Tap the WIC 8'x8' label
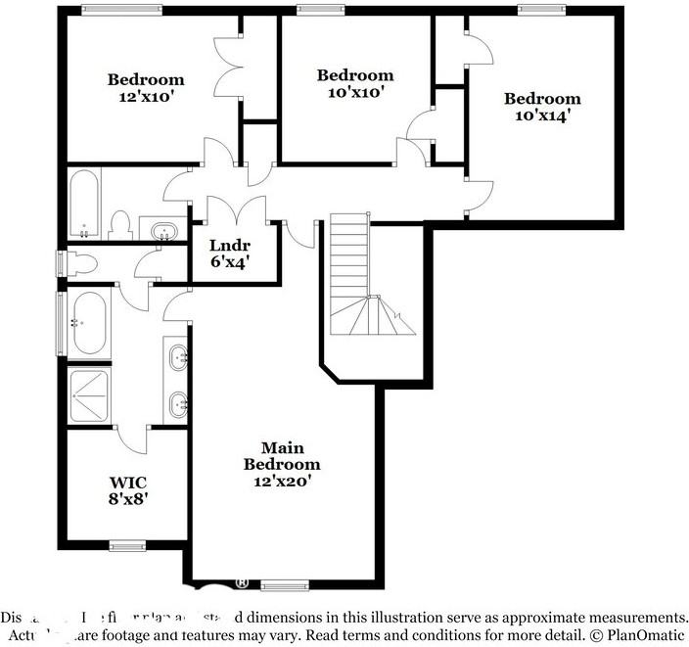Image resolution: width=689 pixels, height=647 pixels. click(128, 489)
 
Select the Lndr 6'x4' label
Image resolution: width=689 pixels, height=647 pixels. click(231, 254)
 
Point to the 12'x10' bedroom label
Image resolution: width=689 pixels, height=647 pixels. click(146, 88)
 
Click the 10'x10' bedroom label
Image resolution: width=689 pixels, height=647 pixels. click(354, 83)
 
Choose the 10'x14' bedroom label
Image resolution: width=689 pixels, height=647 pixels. click(542, 106)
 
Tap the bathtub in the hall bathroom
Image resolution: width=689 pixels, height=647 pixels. click(83, 204)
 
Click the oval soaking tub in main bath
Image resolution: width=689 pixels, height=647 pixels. click(88, 324)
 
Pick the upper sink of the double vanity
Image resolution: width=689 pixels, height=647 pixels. click(179, 357)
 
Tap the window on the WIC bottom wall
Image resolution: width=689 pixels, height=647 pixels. click(127, 545)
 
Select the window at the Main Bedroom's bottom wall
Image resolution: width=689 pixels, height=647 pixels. click(284, 586)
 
